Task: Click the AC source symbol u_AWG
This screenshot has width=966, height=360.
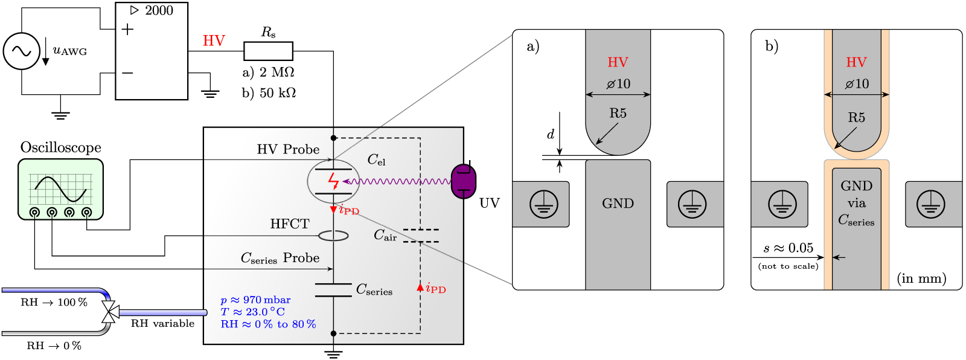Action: (x=22, y=51)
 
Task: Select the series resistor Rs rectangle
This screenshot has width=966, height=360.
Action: (x=268, y=51)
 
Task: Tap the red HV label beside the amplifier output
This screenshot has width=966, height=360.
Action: (x=214, y=40)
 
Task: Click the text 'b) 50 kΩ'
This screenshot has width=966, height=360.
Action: (x=269, y=92)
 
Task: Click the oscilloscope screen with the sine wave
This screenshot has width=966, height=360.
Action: (x=60, y=188)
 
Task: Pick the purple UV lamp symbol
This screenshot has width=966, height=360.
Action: (x=463, y=181)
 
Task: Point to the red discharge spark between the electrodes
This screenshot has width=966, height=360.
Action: (x=333, y=181)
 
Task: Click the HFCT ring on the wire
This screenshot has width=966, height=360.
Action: (x=333, y=236)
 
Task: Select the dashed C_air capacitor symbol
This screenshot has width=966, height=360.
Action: (x=421, y=236)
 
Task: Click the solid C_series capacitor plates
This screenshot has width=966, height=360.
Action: (x=333, y=290)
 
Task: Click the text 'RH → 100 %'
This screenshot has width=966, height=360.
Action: (x=54, y=302)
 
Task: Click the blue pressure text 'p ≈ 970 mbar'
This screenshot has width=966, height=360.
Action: (x=255, y=300)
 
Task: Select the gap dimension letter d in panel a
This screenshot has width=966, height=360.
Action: (x=550, y=134)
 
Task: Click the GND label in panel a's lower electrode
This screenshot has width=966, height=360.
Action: (x=618, y=204)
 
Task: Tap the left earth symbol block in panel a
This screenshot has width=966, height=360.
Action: (x=543, y=204)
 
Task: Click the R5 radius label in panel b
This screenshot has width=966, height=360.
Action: (x=856, y=117)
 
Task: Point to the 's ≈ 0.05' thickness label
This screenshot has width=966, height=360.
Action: (x=788, y=248)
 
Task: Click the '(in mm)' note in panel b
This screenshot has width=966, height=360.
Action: (x=921, y=278)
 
